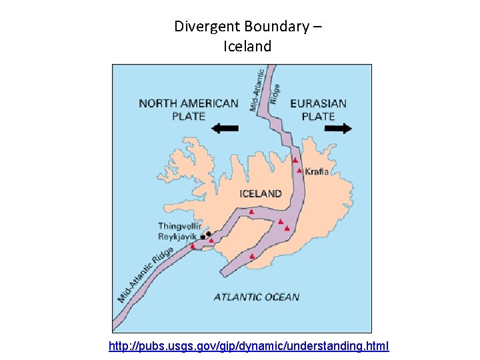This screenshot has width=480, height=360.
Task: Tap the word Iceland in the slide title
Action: [x=248, y=47]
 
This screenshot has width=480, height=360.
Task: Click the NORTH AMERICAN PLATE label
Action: [x=188, y=109]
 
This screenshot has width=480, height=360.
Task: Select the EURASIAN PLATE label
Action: [x=319, y=109]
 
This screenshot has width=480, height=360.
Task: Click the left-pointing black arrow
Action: [x=224, y=128]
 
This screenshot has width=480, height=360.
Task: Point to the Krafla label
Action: [x=317, y=171]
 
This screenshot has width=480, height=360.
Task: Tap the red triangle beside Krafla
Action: [x=299, y=171]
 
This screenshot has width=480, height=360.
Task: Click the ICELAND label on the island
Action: [x=260, y=194]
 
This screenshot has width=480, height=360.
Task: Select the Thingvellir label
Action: [x=179, y=226]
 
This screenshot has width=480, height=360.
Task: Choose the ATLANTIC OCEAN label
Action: [x=257, y=297]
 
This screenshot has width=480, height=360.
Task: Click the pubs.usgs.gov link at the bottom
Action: [x=249, y=347]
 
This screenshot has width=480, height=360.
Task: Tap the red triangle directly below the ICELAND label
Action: [x=251, y=212]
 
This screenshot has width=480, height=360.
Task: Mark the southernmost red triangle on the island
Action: [x=251, y=256]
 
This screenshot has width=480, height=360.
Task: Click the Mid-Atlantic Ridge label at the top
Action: [x=265, y=89]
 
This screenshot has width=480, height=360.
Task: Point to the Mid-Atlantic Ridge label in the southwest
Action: [x=146, y=274]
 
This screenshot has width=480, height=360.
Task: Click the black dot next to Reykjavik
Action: [x=203, y=237]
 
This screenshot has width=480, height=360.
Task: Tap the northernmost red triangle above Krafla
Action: [x=295, y=160]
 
